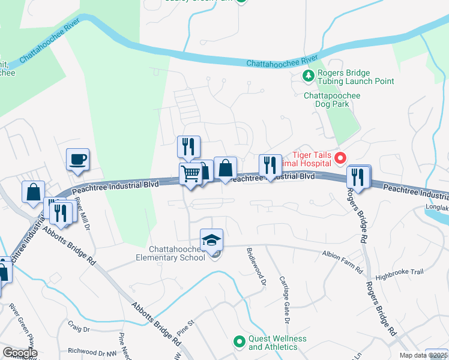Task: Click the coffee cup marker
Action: tap(77, 160)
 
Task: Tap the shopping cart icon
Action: tap(190, 174)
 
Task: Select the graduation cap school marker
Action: tap(211, 241)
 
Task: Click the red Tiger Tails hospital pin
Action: tap(340, 158)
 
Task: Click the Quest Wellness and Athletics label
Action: tap(277, 343)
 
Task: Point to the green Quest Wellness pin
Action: tap(240, 340)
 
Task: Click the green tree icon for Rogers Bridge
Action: tap(308, 76)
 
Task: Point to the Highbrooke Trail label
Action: tap(399, 272)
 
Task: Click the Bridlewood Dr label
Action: tap(255, 268)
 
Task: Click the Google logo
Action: tap(19, 353)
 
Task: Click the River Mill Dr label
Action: tap(82, 214)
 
